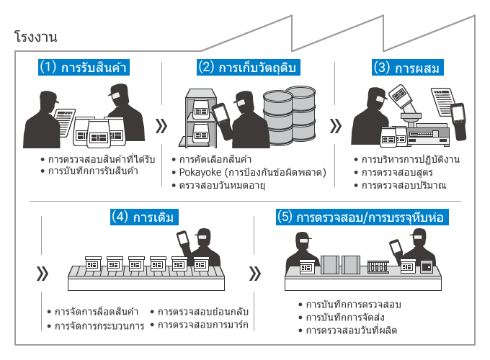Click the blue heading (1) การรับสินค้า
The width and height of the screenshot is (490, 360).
click(x=87, y=68)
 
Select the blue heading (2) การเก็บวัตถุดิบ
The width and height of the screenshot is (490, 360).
click(x=248, y=68)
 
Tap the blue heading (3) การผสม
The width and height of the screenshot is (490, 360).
click(x=407, y=68)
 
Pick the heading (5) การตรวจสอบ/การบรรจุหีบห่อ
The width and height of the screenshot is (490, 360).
click(x=364, y=215)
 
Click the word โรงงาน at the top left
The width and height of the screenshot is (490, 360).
click(x=35, y=36)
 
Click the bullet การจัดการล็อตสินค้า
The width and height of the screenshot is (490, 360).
click(x=97, y=312)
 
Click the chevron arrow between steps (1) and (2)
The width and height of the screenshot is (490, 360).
click(x=161, y=126)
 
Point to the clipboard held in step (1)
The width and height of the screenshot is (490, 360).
click(x=66, y=114)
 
